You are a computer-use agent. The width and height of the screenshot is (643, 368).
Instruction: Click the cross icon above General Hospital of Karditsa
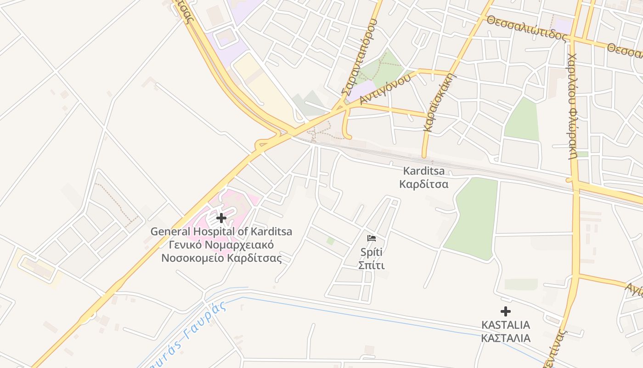221,218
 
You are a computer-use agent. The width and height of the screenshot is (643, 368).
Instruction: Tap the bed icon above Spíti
372,238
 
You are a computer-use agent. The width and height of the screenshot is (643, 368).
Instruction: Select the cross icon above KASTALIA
506,311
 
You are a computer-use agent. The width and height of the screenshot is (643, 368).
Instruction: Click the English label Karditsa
423,171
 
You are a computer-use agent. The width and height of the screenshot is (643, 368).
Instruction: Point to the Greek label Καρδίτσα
423,184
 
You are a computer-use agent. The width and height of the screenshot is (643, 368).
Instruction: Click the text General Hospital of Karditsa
221,231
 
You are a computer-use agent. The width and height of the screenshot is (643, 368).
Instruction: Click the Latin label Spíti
371,252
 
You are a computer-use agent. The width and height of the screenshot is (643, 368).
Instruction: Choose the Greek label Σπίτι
371,265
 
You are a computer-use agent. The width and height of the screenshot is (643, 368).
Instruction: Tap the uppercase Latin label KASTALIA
505,325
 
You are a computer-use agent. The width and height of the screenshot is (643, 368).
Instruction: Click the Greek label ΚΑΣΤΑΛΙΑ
505,338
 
